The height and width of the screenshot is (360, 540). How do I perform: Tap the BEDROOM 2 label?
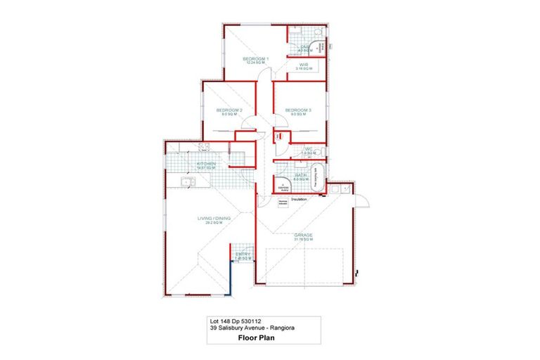229,110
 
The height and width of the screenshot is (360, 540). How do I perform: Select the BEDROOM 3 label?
298,110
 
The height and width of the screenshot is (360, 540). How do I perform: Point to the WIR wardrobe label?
304,64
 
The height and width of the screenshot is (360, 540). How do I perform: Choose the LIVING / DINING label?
214,219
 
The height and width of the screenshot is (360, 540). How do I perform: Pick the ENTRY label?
242,254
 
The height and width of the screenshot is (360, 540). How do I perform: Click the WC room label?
308,149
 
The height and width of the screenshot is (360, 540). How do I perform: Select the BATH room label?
300,175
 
